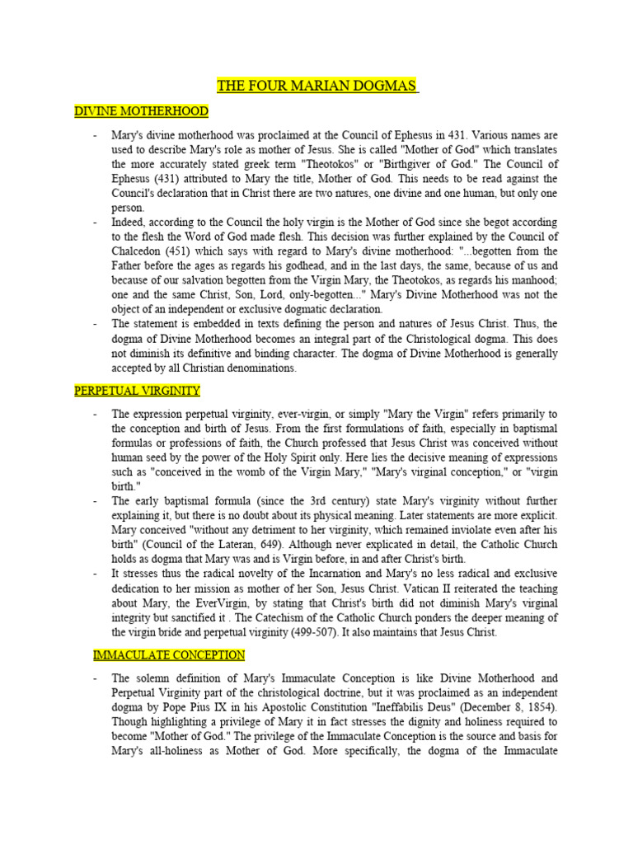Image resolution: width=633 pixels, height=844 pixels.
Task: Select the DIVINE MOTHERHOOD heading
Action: tap(141, 111)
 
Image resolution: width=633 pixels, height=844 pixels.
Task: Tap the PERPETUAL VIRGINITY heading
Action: tap(137, 390)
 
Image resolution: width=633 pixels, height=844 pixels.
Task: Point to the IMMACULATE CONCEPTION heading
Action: tap(169, 655)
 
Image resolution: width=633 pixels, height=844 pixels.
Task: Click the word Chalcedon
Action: tap(141, 251)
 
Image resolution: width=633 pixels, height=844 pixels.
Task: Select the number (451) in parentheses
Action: tap(190, 251)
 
